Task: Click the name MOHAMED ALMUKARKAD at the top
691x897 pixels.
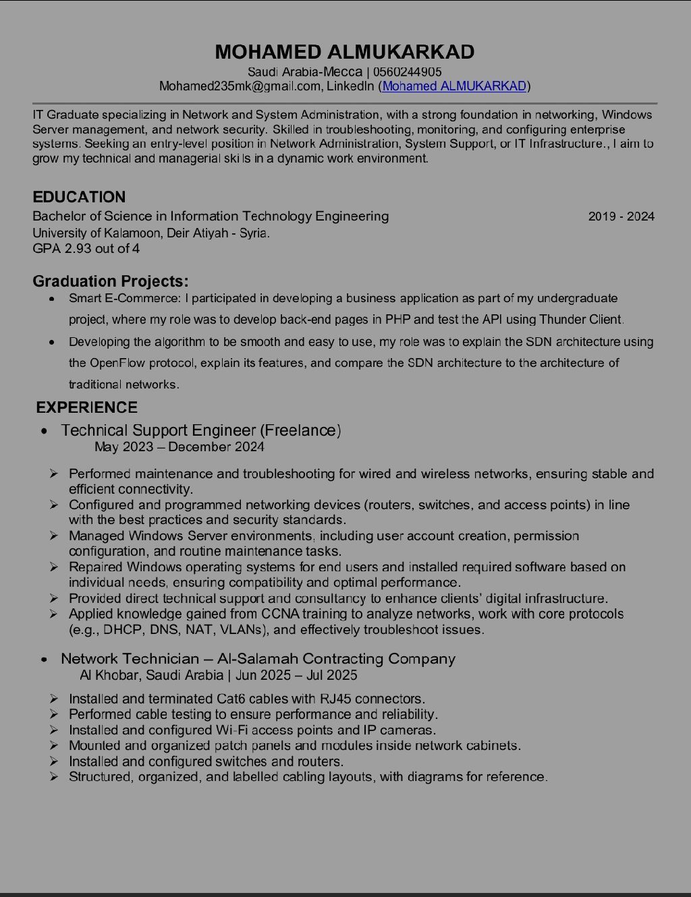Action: [345, 52]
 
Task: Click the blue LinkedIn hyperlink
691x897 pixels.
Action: [454, 86]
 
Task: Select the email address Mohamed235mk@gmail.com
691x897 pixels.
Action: [240, 86]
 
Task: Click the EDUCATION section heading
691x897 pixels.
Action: [79, 197]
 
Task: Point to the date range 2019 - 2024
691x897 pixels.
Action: [621, 216]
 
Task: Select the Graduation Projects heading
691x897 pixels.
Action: [111, 281]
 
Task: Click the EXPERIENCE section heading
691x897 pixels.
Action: [86, 407]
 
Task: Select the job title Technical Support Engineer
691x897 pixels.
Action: [159, 430]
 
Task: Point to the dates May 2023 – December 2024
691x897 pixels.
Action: [179, 446]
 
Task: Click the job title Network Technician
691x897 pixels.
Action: [130, 658]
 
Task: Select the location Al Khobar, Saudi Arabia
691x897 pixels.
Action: [151, 675]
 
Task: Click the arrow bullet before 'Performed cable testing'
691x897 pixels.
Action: [53, 714]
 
